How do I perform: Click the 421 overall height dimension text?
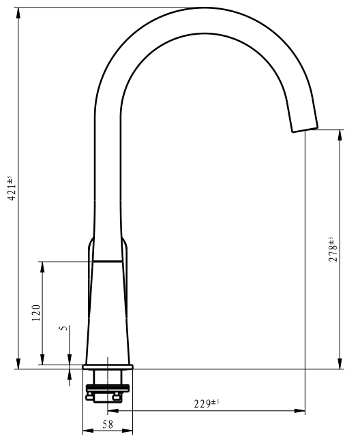[x=12, y=188]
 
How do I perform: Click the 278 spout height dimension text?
[x=333, y=249]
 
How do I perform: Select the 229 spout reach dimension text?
[x=207, y=403]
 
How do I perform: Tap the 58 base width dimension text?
[x=108, y=425]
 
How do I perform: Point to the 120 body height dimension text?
[x=36, y=313]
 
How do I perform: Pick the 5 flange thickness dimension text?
[x=64, y=328]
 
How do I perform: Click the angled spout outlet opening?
[x=305, y=129]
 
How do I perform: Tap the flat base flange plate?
[x=108, y=367]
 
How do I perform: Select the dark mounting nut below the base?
[x=108, y=388]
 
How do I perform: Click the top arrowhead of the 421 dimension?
[x=18, y=14]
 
